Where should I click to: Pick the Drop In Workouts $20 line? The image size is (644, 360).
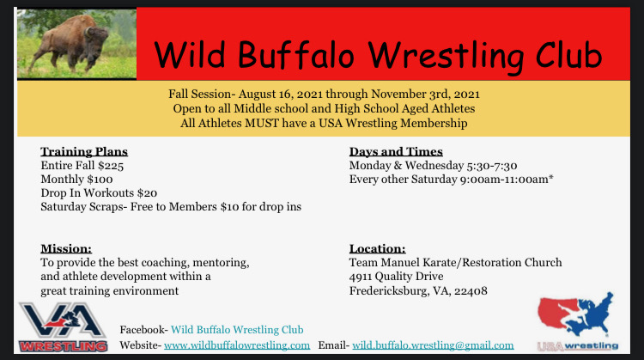coord(99,193)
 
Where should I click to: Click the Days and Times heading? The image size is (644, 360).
coord(396,152)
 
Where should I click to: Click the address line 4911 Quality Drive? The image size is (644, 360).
coord(396,276)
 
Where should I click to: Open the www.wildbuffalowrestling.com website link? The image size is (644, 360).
coord(237,345)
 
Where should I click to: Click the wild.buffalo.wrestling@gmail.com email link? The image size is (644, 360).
coord(433,345)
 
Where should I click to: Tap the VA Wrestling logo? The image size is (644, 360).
coord(62,326)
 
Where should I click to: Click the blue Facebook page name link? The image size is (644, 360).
coord(236,330)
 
